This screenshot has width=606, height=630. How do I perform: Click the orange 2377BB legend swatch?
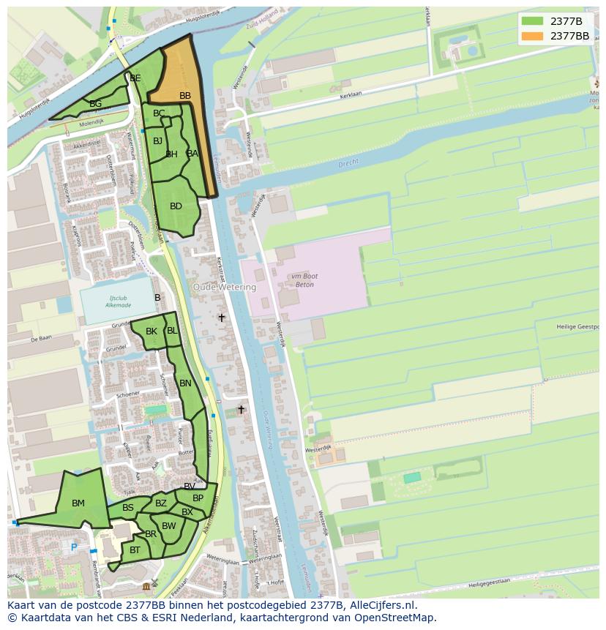click(532, 36)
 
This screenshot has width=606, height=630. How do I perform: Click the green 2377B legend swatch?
click(532, 21)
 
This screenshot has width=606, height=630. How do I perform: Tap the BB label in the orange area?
click(185, 96)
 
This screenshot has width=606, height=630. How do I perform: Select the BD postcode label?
click(176, 206)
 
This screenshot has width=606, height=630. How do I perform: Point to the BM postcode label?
click(78, 503)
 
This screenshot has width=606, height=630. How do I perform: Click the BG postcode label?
click(95, 104)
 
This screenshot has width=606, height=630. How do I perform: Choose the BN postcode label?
click(185, 383)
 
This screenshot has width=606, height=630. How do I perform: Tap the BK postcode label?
click(151, 331)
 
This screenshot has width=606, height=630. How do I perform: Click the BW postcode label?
click(169, 526)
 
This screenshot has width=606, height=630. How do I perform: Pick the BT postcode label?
click(135, 550)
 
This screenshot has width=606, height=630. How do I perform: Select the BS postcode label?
click(128, 508)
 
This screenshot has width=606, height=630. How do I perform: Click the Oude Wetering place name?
click(225, 288)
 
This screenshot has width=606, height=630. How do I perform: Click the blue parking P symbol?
click(74, 547)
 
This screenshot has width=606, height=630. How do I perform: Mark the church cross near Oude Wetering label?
click(222, 318)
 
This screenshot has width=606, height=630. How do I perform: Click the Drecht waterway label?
click(348, 165)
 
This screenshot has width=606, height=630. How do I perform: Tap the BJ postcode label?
click(158, 141)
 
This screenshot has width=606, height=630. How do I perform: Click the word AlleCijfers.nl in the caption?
click(383, 605)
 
